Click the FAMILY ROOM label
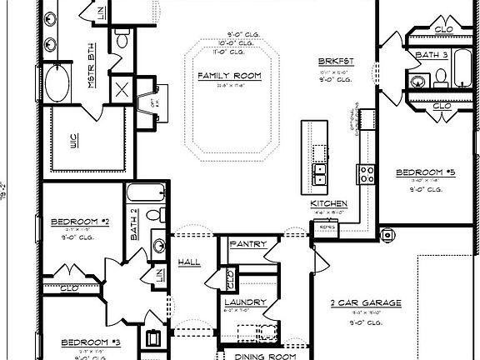[230, 76]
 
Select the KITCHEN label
[329, 204]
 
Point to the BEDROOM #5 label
[425, 172]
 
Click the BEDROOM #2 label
[80, 222]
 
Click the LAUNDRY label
[245, 302]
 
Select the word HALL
[189, 262]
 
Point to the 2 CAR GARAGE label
[367, 302]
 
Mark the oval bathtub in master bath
[57, 84]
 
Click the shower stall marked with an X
[122, 90]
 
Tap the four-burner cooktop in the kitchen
[367, 173]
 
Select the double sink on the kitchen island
[319, 173]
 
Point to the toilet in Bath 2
[154, 215]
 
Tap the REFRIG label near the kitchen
[327, 226]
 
